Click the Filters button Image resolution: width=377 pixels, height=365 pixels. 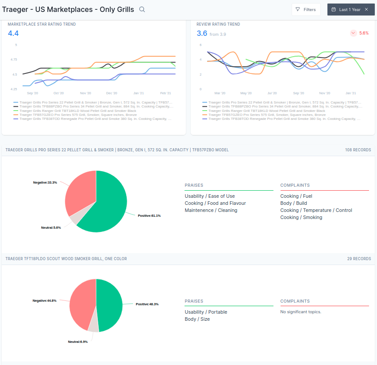tap(306, 10)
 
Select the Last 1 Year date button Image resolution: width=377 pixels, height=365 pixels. tap(351, 10)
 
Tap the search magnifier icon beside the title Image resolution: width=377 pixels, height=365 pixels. tap(142, 9)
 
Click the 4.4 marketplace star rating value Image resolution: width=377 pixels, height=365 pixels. tap(13, 33)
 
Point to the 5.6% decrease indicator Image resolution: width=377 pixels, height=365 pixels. tap(359, 33)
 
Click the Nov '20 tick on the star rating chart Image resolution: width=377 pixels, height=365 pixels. tap(85, 93)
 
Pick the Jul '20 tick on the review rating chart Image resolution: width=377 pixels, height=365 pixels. tap(272, 93)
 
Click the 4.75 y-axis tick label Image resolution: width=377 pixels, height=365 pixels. tap(14, 59)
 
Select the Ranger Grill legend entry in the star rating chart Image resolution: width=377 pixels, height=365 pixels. tap(75, 111)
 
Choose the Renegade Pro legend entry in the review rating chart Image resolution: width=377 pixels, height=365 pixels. tap(281, 119)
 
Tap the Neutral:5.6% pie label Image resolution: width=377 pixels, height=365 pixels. tap(51, 227)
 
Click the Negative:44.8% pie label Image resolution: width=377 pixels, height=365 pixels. tap(45, 300)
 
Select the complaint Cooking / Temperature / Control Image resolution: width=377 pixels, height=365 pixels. tap(316, 210)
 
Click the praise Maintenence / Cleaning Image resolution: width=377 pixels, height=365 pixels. tap(211, 210)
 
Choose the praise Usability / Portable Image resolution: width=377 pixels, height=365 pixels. tap(206, 312)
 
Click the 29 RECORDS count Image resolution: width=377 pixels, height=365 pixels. tap(359, 259)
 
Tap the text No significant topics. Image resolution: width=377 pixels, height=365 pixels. tap(300, 311)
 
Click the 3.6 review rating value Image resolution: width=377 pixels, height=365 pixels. tap(202, 33)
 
